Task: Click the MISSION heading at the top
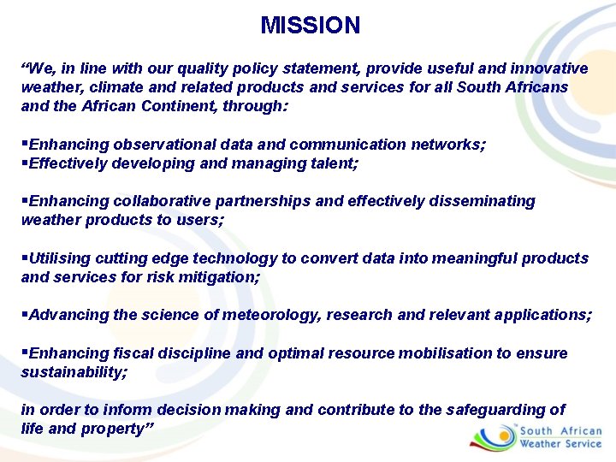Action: coord(310,26)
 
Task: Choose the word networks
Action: coord(448,145)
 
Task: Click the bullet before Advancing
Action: coord(25,315)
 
